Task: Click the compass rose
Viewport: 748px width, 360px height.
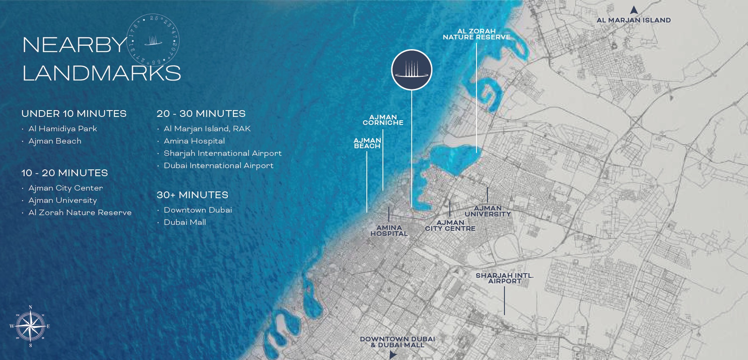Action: point(30,326)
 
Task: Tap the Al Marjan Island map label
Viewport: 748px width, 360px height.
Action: point(633,20)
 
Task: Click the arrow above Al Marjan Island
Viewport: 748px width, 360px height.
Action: point(634,10)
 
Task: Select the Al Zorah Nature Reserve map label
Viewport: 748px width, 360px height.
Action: point(477,34)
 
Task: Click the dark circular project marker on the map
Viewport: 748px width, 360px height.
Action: point(411,70)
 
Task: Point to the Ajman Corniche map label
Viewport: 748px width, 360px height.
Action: point(383,120)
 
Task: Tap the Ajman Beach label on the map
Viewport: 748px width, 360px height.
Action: point(367,143)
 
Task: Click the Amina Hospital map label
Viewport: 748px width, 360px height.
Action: point(389,230)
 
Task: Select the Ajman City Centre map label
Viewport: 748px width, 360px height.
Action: point(450,225)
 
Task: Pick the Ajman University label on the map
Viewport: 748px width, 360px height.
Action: point(488,211)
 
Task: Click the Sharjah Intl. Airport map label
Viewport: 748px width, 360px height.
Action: point(504,278)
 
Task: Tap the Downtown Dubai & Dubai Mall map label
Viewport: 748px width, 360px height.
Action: point(397,342)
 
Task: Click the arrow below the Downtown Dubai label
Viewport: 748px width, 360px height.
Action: point(393,355)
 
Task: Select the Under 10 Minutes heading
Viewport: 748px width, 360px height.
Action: point(74,114)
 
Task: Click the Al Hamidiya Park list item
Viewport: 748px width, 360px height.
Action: point(63,129)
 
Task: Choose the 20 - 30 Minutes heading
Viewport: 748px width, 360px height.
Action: point(201,114)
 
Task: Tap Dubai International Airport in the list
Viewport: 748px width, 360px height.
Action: point(219,166)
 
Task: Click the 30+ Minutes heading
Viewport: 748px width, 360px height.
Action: point(192,195)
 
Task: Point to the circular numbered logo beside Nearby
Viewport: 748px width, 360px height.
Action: point(153,41)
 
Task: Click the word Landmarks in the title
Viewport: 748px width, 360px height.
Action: point(102,73)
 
